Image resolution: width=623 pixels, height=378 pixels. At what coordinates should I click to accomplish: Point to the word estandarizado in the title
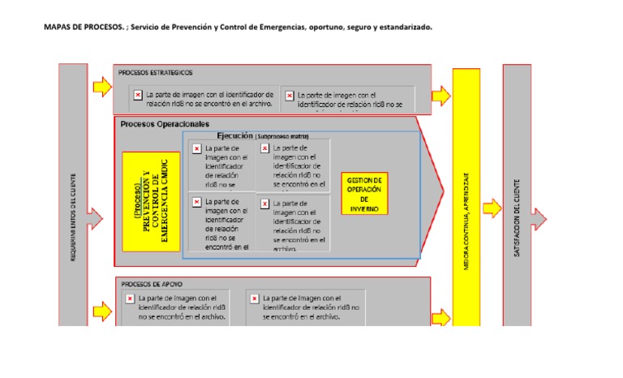403,27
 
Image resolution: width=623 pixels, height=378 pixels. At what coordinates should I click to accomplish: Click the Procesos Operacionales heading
165,124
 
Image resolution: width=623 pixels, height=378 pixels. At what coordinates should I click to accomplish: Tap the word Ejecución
234,136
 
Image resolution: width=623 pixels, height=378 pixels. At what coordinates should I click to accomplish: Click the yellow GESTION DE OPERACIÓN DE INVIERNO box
364,193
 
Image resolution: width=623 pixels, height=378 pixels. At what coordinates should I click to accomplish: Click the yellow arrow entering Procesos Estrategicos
102,85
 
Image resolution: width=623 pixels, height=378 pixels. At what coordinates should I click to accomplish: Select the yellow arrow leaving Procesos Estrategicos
440,97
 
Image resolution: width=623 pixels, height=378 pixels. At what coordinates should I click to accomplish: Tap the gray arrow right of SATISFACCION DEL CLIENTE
539,218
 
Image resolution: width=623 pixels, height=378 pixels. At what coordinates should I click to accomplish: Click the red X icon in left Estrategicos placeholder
138,95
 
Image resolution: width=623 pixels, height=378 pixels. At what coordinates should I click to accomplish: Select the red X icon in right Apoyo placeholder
253,299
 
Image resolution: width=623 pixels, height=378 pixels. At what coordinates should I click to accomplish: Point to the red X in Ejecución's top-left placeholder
196,148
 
